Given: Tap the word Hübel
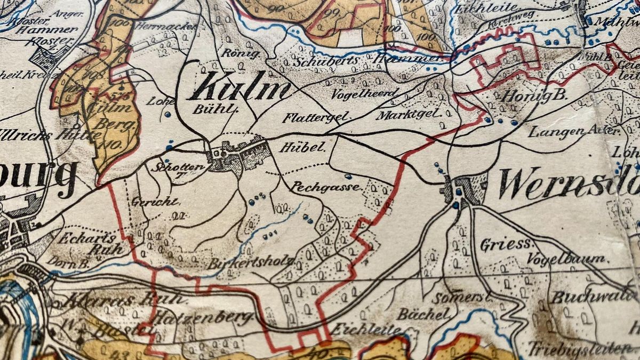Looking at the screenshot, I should (x=301, y=147).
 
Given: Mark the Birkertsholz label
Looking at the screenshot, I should (x=251, y=262).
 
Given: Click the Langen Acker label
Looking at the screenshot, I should (x=573, y=131).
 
